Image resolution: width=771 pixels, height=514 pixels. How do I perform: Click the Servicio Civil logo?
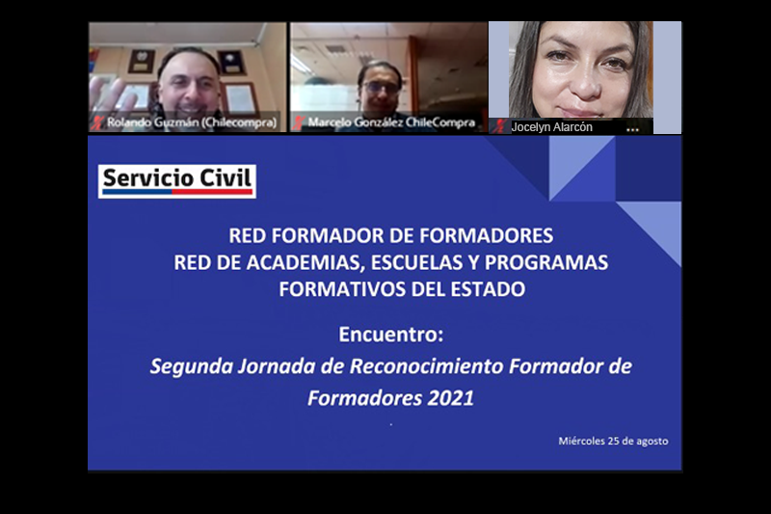[177, 181]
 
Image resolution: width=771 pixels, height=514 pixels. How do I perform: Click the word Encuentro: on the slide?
[391, 335]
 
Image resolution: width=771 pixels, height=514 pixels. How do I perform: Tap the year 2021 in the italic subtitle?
[450, 398]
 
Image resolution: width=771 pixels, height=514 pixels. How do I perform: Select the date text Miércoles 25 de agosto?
[613, 441]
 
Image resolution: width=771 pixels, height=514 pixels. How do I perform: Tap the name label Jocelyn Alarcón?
[551, 127]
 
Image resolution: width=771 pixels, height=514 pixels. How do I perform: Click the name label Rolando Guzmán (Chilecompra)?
[192, 122]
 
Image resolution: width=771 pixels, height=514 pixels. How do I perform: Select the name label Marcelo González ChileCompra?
[391, 122]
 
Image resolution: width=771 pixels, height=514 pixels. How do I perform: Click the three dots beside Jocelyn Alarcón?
[632, 130]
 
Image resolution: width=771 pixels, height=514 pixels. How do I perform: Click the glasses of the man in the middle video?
[381, 88]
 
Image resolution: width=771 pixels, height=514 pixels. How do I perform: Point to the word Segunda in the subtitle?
[191, 366]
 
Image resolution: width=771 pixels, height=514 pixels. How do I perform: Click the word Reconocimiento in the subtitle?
[426, 366]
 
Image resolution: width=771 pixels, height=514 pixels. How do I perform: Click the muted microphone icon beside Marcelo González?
[298, 122]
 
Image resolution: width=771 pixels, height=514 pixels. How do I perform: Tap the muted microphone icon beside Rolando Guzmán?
[96, 122]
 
